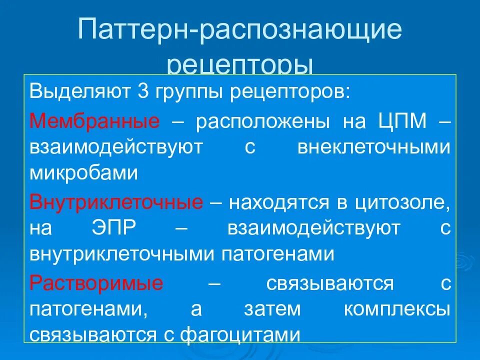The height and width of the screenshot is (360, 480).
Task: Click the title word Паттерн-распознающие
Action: [240, 31]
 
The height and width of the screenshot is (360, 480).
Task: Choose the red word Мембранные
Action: [94, 121]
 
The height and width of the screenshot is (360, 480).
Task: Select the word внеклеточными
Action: [374, 147]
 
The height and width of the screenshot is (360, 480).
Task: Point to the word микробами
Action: [83, 173]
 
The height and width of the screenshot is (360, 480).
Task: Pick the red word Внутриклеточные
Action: [116, 202]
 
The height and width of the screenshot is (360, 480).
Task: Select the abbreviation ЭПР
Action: [114, 228]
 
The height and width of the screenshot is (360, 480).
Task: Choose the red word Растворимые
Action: [96, 283]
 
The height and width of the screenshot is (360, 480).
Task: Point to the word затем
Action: [272, 309]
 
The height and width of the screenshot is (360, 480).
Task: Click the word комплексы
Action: [396, 309]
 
